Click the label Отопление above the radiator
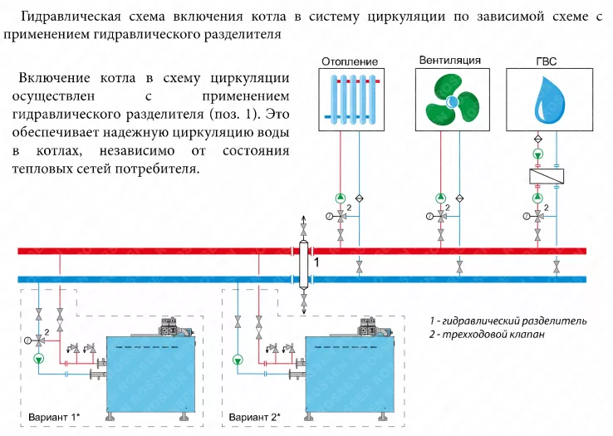[350, 61]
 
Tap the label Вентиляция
[449, 61]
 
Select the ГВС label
[546, 61]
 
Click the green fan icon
[452, 101]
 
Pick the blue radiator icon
[351, 99]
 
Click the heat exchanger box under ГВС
[547, 177]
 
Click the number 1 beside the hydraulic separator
[316, 262]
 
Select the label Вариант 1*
[54, 417]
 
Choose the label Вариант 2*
[255, 417]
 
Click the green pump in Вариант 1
[39, 358]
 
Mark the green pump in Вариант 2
[238, 360]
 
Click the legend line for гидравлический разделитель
[508, 321]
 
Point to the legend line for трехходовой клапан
[487, 335]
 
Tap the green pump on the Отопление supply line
[341, 198]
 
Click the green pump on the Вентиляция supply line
[441, 198]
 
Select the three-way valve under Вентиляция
[441, 216]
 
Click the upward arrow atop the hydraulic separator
[303, 219]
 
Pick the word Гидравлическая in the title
[70, 17]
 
